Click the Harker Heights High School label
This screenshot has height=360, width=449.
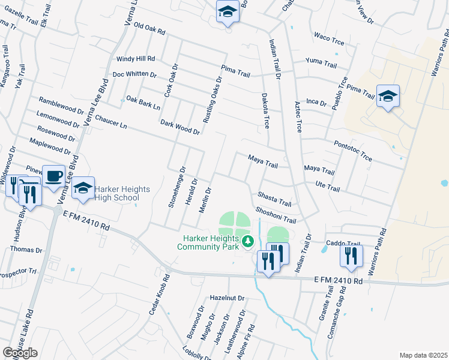click(x=118, y=192)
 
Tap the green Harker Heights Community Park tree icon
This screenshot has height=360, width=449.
click(x=248, y=241)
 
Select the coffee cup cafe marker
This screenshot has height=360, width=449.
click(x=54, y=176)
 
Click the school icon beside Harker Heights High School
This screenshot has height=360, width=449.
click(x=83, y=188)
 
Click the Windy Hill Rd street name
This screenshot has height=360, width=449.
click(x=136, y=59)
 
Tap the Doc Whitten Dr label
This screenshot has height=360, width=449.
click(x=134, y=75)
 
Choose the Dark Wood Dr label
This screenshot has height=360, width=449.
click(x=179, y=127)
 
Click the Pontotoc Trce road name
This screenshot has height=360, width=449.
click(x=352, y=149)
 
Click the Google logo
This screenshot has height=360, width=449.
click(x=20, y=353)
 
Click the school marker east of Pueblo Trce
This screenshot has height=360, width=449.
click(x=388, y=95)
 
